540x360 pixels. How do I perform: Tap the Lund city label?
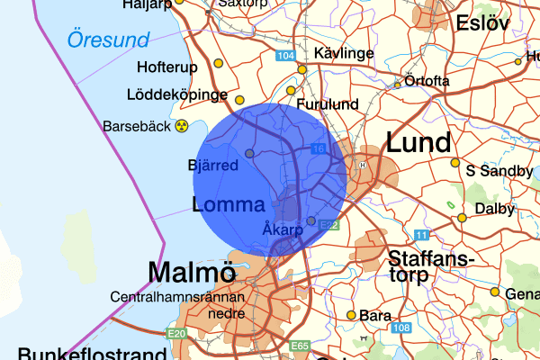tap(418, 143)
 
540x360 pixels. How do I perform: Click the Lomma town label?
tap(229, 204)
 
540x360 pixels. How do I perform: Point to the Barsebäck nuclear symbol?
tap(183, 126)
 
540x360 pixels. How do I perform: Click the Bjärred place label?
tap(213, 166)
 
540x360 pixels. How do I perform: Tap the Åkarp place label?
tap(283, 229)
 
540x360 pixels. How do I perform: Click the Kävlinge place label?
tap(345, 54)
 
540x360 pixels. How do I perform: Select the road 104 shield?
tap(287, 57)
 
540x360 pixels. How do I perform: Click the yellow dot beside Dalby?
tap(463, 218)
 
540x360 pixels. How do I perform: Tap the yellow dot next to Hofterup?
tap(218, 64)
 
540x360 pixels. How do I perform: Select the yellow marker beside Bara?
tap(351, 315)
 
